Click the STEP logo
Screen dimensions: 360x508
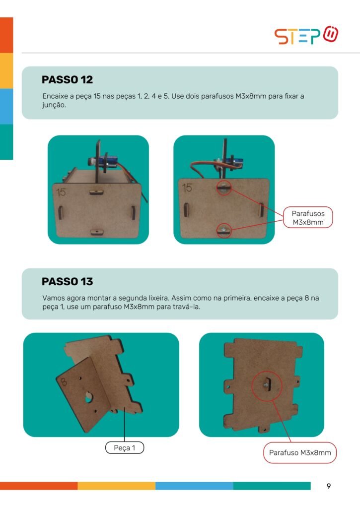click(x=306, y=35)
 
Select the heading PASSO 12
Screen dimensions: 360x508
click(x=67, y=80)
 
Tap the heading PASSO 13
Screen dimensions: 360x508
click(x=67, y=282)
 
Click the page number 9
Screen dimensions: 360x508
click(x=329, y=486)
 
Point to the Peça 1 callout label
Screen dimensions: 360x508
click(x=125, y=448)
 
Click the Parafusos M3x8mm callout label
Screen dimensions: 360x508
click(x=308, y=217)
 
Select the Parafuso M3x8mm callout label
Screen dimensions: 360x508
click(x=300, y=452)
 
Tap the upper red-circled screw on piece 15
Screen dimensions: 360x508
click(x=223, y=188)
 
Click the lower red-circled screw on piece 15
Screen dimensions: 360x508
click(x=224, y=230)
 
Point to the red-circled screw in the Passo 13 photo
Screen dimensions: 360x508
click(x=267, y=385)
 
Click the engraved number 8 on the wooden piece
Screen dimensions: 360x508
click(x=63, y=382)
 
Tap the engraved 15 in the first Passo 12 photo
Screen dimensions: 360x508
click(x=61, y=192)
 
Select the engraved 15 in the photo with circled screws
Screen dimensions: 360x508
click(x=187, y=188)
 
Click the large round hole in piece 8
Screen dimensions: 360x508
click(x=88, y=397)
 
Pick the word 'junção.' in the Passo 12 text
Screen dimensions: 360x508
click(x=54, y=105)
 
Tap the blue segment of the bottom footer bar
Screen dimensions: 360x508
click(x=194, y=486)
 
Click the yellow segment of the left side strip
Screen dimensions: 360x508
click(x=6, y=70)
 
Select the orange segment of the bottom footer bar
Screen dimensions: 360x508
click(x=39, y=486)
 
